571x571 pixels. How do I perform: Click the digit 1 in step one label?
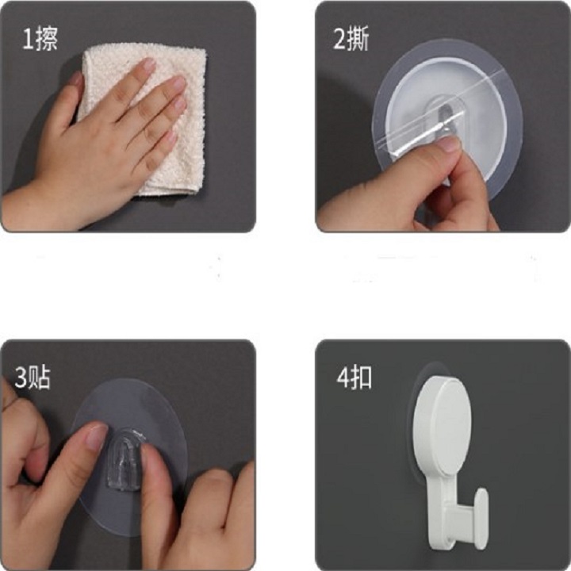click(27, 40)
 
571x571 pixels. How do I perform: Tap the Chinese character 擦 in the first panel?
click(46, 40)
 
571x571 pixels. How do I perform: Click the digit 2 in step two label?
click(339, 40)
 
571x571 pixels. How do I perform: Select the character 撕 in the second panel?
click(358, 39)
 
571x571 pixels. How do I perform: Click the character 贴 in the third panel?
click(40, 377)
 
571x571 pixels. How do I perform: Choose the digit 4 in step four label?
click(343, 378)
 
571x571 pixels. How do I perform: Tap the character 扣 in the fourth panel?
click(361, 378)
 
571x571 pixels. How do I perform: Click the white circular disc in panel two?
click(447, 121)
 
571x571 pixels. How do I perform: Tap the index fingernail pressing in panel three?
click(95, 436)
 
